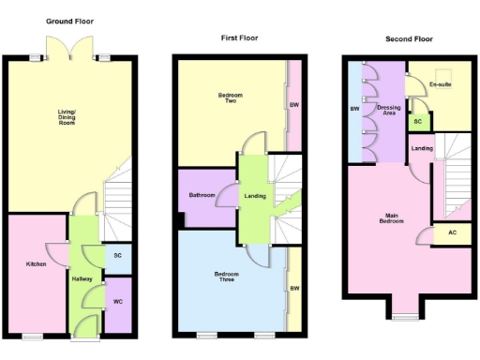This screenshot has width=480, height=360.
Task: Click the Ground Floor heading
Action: (x=70, y=21)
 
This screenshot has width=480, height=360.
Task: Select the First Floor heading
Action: (x=239, y=38)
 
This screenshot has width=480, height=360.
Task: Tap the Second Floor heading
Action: (x=409, y=39)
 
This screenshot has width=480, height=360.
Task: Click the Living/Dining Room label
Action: (x=66, y=117)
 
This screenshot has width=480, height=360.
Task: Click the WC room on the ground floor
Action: (x=118, y=302)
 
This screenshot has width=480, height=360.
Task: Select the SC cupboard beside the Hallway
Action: (x=117, y=256)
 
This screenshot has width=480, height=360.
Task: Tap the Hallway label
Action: (x=82, y=279)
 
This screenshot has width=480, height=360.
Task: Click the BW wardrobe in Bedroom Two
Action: (x=293, y=104)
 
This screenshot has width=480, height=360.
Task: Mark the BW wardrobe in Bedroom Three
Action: (x=293, y=288)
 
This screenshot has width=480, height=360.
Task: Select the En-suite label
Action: (x=440, y=85)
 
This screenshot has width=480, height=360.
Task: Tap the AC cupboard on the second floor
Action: (x=452, y=232)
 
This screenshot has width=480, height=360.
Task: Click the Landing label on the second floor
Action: (x=422, y=148)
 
